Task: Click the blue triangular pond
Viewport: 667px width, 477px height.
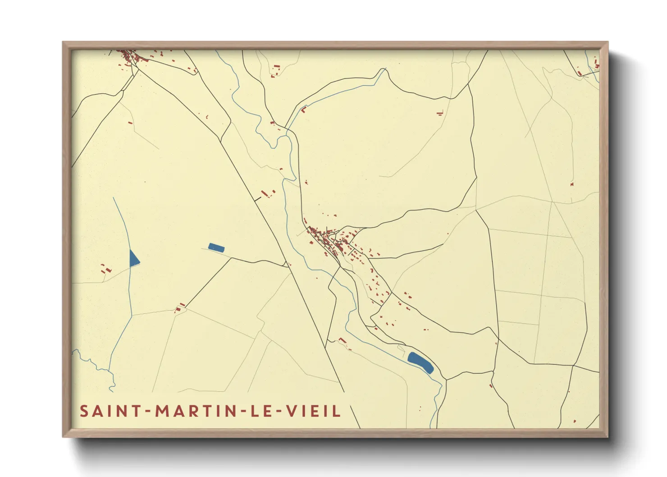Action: [133, 259]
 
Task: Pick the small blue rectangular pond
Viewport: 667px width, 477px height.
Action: [216, 247]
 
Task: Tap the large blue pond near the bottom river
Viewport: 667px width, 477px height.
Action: [420, 362]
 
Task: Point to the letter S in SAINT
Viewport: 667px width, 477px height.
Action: [84, 411]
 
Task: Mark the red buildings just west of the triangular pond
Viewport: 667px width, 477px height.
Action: [106, 269]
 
